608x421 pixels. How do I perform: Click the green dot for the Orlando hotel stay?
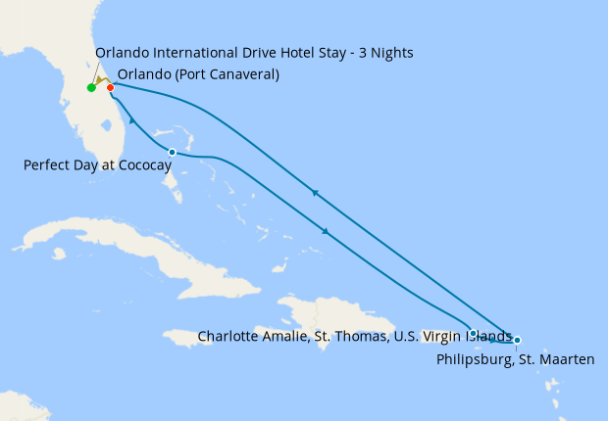(x=91, y=88)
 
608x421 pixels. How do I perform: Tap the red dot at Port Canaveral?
(x=111, y=88)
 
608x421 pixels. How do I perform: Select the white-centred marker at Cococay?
(x=173, y=152)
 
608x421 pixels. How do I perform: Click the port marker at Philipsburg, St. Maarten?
(x=517, y=340)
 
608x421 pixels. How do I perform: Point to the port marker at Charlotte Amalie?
(x=474, y=334)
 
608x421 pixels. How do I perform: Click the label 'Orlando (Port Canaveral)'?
(x=198, y=74)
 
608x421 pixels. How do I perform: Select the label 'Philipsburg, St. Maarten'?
(x=515, y=360)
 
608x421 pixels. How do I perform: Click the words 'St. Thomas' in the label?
(x=344, y=336)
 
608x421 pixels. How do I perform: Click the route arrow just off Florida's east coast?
(x=130, y=120)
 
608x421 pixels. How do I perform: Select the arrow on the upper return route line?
(x=315, y=193)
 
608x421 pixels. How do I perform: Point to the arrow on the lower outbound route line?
(x=325, y=231)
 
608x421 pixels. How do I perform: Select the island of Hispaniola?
(x=324, y=318)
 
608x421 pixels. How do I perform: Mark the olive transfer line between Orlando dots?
(x=101, y=82)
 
